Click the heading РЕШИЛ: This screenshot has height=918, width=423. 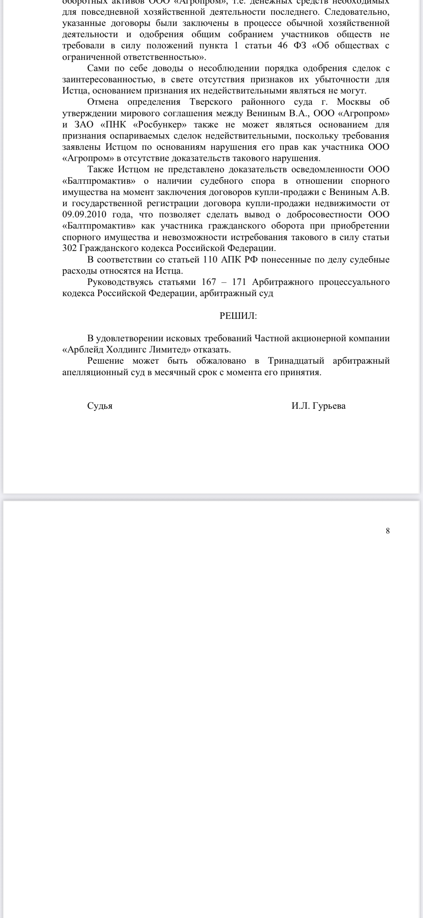click(238, 316)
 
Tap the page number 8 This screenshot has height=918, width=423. click(388, 531)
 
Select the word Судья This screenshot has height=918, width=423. click(100, 406)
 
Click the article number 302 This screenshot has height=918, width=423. click(70, 248)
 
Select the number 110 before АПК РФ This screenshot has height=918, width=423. click(210, 260)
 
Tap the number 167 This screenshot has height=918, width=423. click(209, 282)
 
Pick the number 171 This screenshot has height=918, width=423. click(239, 282)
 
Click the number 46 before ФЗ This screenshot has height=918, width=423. click(282, 46)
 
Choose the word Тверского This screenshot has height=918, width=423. click(211, 102)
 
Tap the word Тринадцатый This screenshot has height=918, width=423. click(296, 361)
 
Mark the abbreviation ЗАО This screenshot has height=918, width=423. click(83, 125)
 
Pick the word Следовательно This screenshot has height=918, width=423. click(357, 12)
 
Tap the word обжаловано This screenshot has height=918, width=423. click(221, 361)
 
